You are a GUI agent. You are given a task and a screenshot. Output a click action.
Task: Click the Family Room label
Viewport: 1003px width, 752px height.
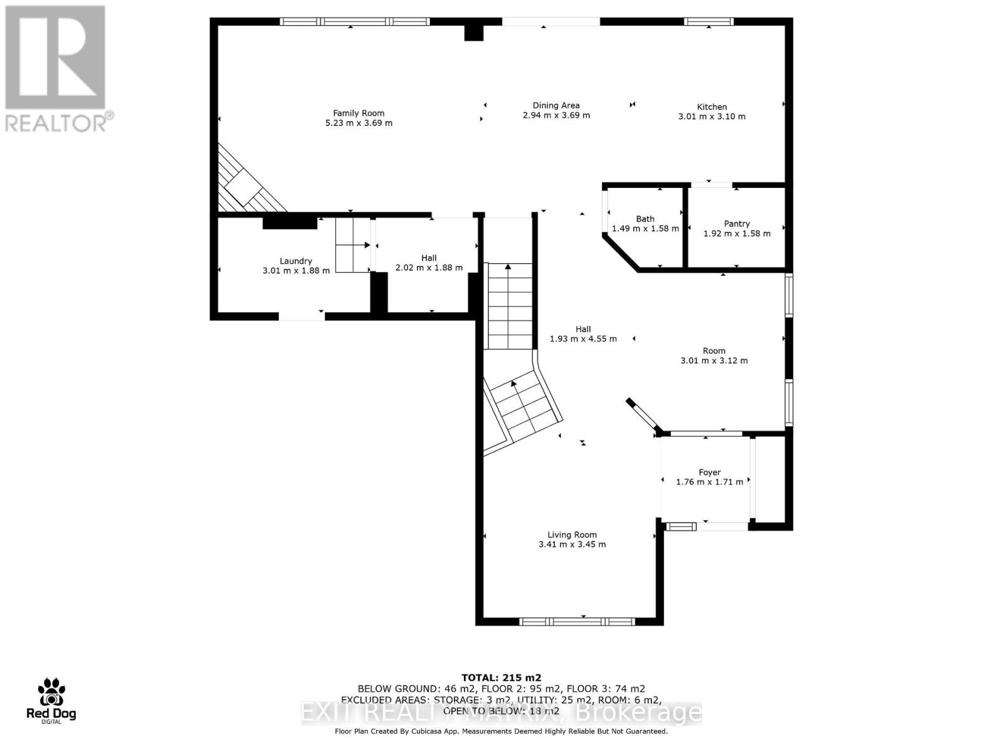359,113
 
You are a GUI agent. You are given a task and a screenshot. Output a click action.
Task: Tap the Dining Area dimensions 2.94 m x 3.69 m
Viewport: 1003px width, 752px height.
556,115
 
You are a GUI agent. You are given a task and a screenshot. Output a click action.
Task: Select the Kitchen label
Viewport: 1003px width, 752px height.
712,107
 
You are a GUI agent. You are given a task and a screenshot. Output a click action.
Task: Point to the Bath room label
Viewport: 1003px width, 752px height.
645,219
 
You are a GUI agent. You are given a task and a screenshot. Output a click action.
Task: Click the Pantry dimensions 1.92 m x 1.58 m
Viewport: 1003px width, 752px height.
737,234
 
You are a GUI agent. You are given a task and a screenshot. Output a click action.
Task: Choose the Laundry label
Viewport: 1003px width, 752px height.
296,261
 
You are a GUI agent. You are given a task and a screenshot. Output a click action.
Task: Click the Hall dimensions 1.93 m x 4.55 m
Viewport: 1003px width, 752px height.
583,339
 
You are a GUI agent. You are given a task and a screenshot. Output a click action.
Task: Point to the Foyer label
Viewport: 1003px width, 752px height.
710,473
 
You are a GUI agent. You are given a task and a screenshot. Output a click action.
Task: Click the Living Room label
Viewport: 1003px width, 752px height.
572,535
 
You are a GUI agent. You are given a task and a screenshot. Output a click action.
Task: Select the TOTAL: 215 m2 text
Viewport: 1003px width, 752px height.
501,677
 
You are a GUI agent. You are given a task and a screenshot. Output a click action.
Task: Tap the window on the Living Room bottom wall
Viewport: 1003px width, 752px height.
577,622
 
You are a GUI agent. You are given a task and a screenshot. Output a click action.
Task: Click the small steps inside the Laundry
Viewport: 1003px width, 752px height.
352,245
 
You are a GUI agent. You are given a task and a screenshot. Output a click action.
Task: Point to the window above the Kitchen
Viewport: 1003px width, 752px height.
708,22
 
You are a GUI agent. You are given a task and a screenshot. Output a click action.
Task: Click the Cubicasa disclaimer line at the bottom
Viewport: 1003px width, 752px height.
501,731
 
